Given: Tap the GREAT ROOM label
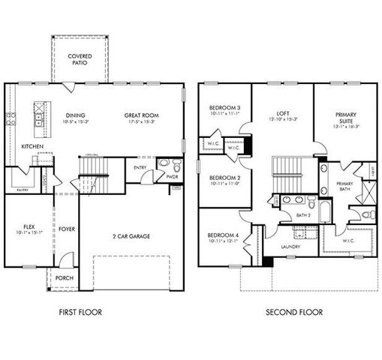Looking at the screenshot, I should tap(143, 115).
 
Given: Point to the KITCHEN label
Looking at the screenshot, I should tap(32, 145).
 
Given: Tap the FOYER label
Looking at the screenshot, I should tap(67, 230).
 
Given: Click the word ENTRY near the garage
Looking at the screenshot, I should tap(140, 167).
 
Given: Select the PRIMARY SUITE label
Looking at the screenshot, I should tap(346, 118).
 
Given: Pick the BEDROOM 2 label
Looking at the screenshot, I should tap(224, 178).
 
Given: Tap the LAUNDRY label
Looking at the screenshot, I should tap(290, 247).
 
